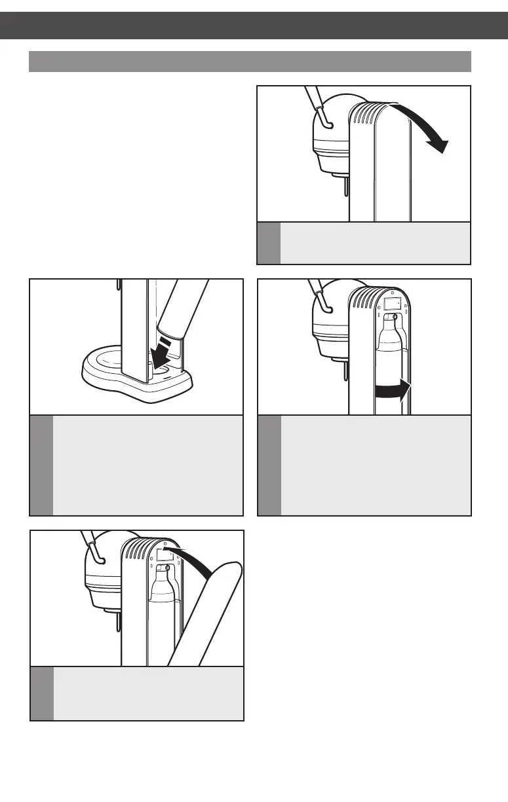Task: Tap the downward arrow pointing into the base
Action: [160, 351]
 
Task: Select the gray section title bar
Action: [250, 61]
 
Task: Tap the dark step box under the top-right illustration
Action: [269, 243]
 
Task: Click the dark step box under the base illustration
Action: [41, 465]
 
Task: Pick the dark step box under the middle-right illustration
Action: [269, 465]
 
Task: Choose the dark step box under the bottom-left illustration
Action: [42, 693]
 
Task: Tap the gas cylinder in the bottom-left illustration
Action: [162, 609]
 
